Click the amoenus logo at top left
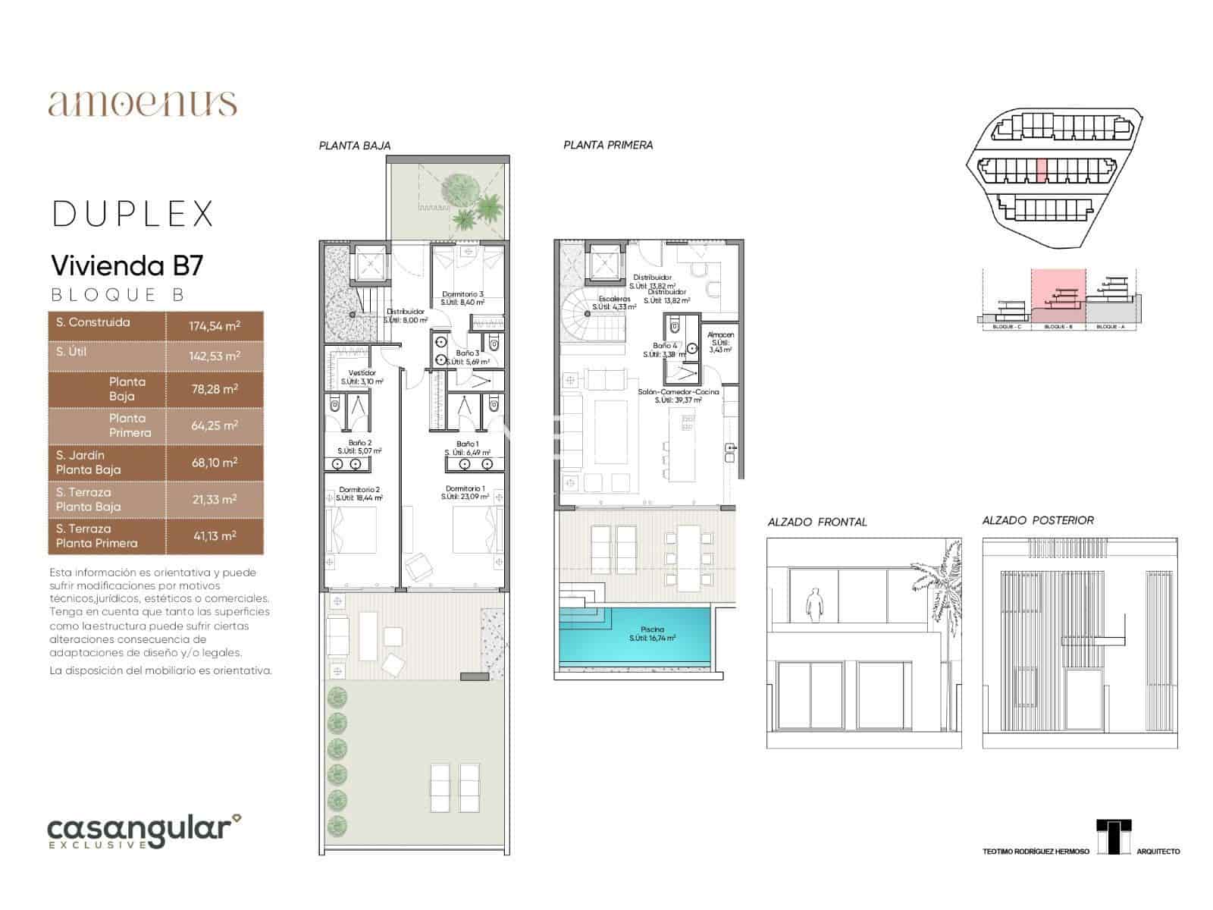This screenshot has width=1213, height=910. [143, 103]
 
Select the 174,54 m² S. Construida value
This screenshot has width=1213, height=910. [215, 326]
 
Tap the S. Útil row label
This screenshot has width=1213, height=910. [71, 352]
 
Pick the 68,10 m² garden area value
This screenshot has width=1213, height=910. [215, 462]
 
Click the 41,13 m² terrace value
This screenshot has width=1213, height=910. [215, 535]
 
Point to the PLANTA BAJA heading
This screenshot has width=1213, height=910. [355, 146]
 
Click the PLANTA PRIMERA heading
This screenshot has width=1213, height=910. [608, 145]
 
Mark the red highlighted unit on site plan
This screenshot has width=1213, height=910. [1042, 171]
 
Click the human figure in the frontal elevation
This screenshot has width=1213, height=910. [814, 605]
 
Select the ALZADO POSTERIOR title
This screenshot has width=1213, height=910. [1038, 520]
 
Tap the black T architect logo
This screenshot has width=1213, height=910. [1114, 836]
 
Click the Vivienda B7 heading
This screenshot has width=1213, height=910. [127, 265]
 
